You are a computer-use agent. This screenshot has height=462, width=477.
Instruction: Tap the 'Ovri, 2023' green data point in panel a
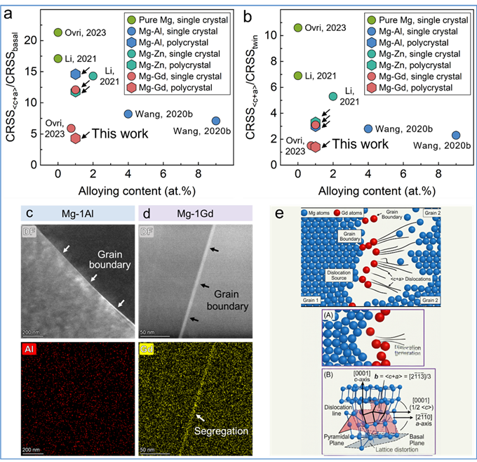pos(58,32)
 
